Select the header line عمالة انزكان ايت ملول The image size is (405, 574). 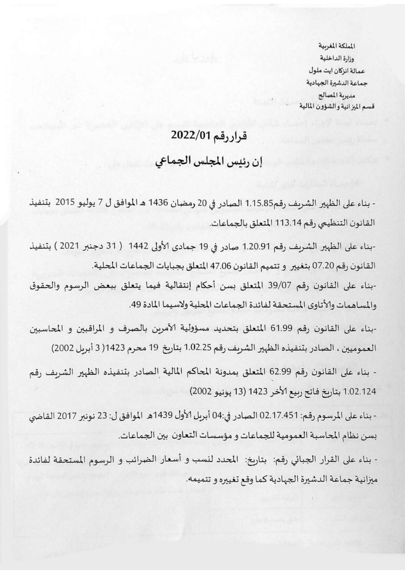pos(336,71)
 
